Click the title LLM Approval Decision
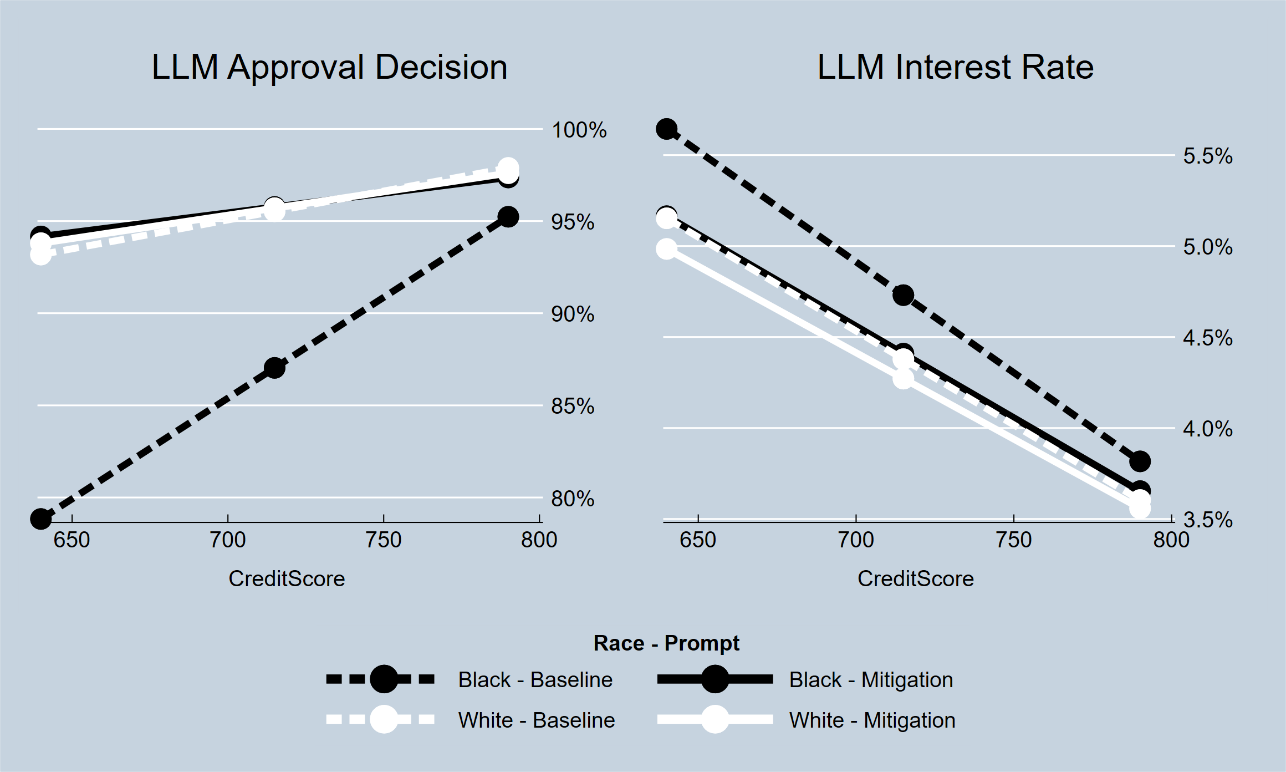click(x=329, y=67)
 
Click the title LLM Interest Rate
click(x=955, y=67)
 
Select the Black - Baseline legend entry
click(x=535, y=679)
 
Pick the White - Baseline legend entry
click(x=536, y=720)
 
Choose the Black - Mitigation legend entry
click(x=870, y=679)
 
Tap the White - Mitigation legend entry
click(x=871, y=720)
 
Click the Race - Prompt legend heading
click(x=666, y=643)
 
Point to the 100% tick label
click(x=579, y=130)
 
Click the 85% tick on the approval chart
click(x=572, y=407)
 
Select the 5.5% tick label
click(x=1207, y=156)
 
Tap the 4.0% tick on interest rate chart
click(x=1207, y=429)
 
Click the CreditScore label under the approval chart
click(x=287, y=579)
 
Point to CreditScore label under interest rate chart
click(x=915, y=579)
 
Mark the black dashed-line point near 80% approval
click(x=40, y=519)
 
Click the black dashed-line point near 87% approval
click(x=274, y=368)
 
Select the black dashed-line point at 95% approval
click(x=508, y=217)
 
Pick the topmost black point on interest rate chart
click(x=666, y=129)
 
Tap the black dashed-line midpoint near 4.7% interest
click(x=904, y=295)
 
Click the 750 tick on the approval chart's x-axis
click(x=384, y=540)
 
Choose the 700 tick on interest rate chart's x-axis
click(x=856, y=540)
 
